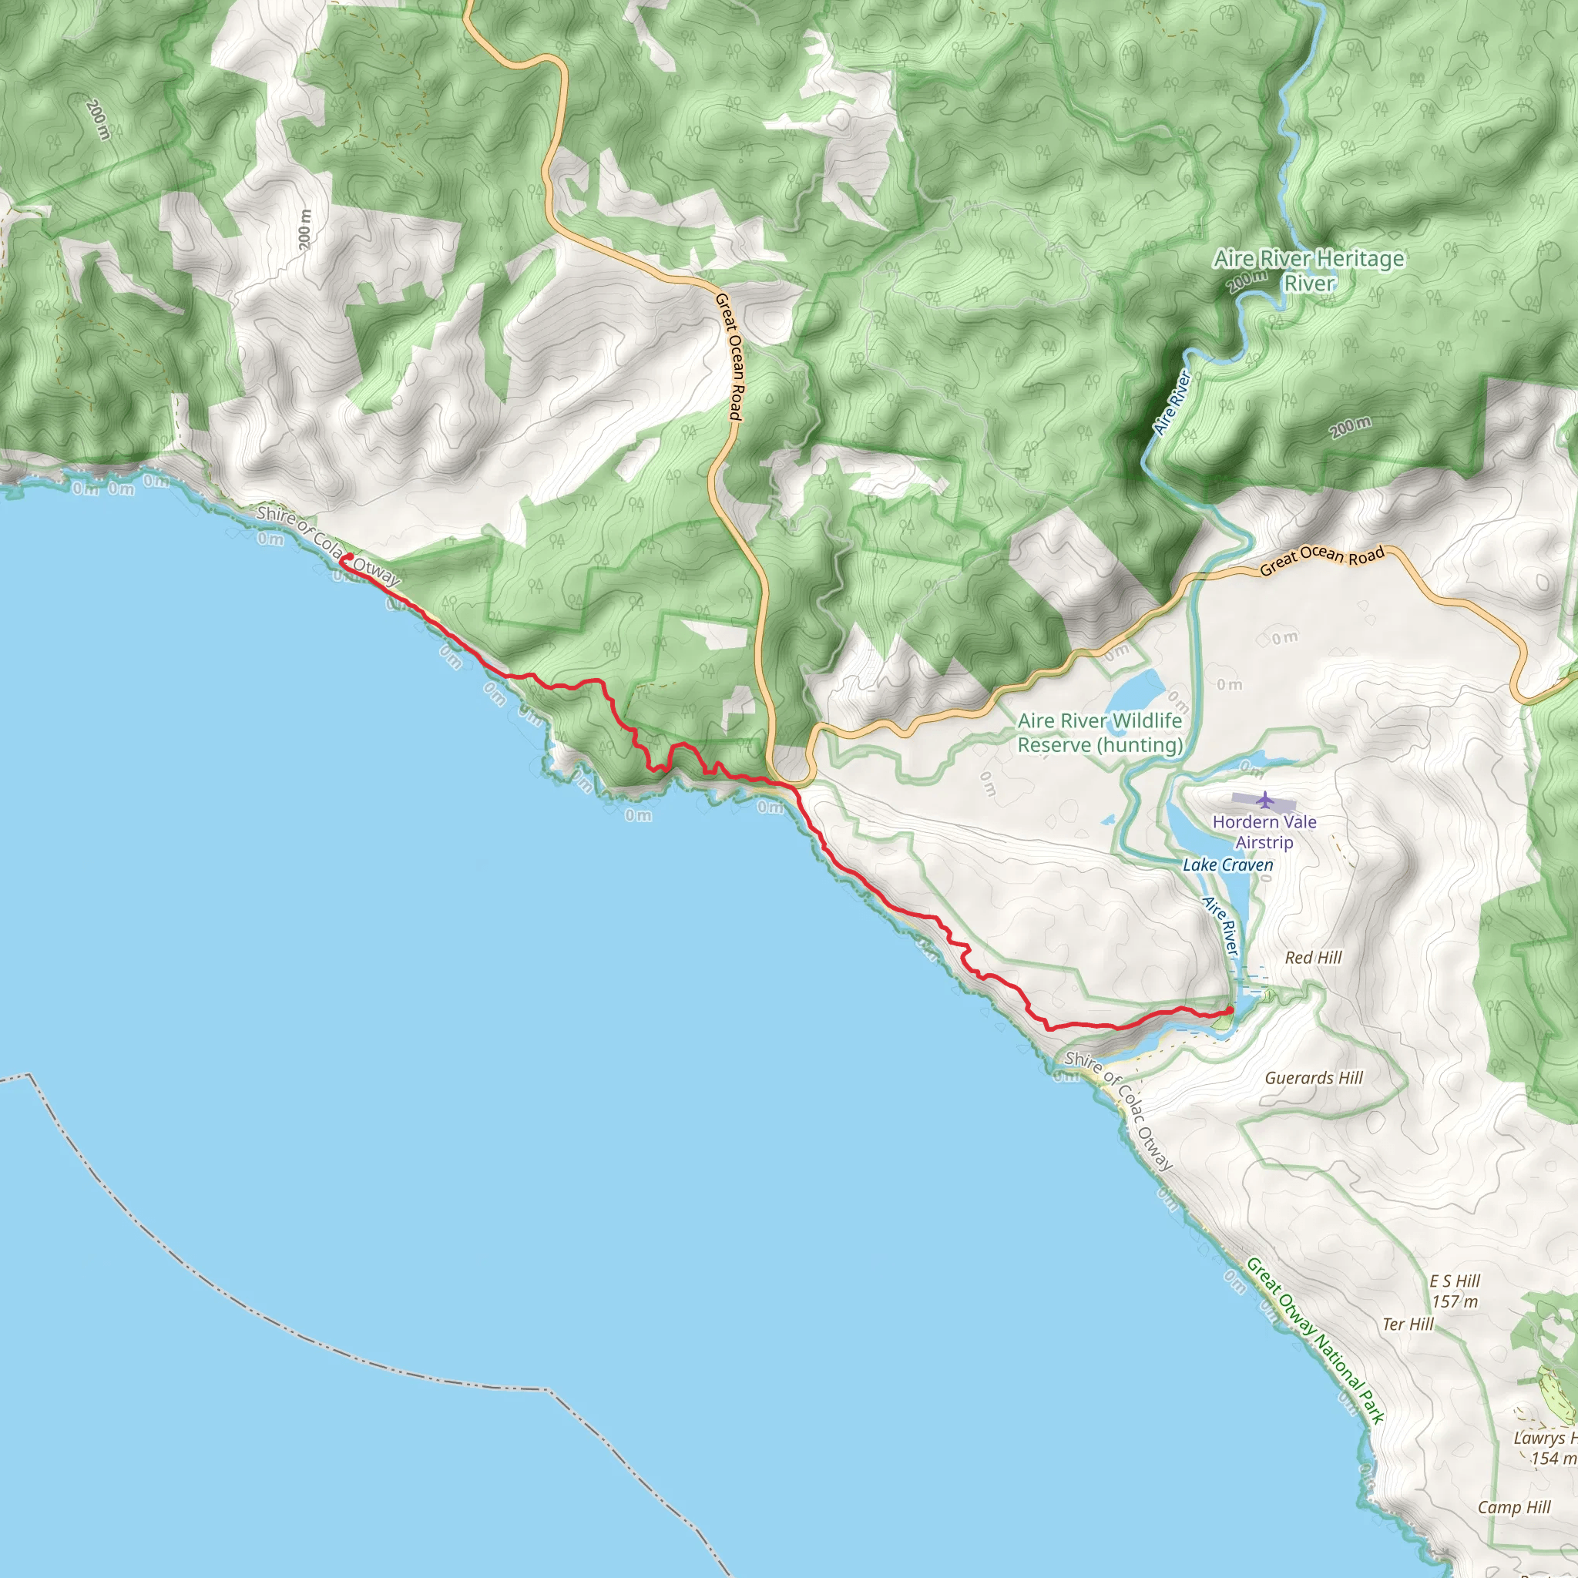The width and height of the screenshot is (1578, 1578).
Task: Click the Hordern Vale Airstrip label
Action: (x=1264, y=831)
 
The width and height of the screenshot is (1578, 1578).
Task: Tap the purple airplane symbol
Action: (x=1265, y=799)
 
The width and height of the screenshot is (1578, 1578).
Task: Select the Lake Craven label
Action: (x=1227, y=865)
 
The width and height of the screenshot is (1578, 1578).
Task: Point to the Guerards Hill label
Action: (x=1314, y=1077)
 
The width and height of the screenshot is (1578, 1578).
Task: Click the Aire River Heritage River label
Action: (x=1309, y=270)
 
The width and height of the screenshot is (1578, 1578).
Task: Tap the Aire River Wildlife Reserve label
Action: (x=1100, y=733)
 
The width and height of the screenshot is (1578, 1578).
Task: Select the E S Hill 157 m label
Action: (x=1455, y=1291)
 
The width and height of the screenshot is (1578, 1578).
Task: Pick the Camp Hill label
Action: (x=1514, y=1507)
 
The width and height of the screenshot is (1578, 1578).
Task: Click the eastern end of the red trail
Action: (x=1230, y=1011)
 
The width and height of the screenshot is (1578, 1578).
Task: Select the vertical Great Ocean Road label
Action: (x=730, y=357)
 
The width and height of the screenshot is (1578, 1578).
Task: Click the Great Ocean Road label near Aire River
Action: (x=1322, y=560)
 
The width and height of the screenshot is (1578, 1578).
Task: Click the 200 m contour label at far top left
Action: (x=97, y=119)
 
